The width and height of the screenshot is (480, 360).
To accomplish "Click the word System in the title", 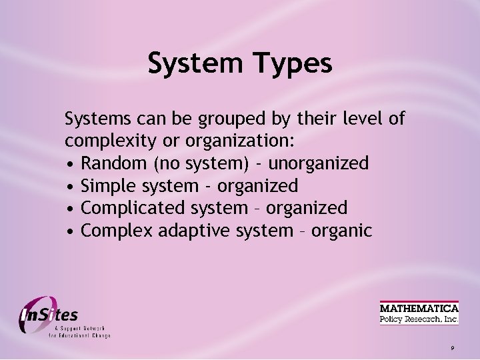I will pyautogui.click(x=194, y=64).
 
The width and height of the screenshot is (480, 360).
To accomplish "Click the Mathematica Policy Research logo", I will pyautogui.click(x=419, y=313).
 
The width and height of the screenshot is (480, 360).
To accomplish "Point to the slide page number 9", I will pyautogui.click(x=452, y=349).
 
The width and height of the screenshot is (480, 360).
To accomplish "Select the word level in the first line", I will pyautogui.click(x=361, y=119).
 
